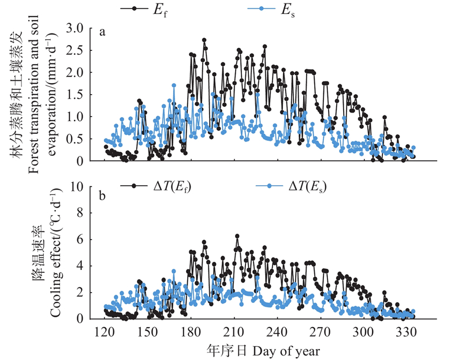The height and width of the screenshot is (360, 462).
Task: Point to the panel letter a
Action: [x=102, y=32]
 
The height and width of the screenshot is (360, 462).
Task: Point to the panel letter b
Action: [x=102, y=197]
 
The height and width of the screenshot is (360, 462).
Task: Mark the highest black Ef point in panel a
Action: [x=204, y=40]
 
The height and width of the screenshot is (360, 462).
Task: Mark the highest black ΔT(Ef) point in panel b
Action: [x=237, y=236]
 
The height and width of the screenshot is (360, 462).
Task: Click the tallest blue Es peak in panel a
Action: [x=173, y=85]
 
